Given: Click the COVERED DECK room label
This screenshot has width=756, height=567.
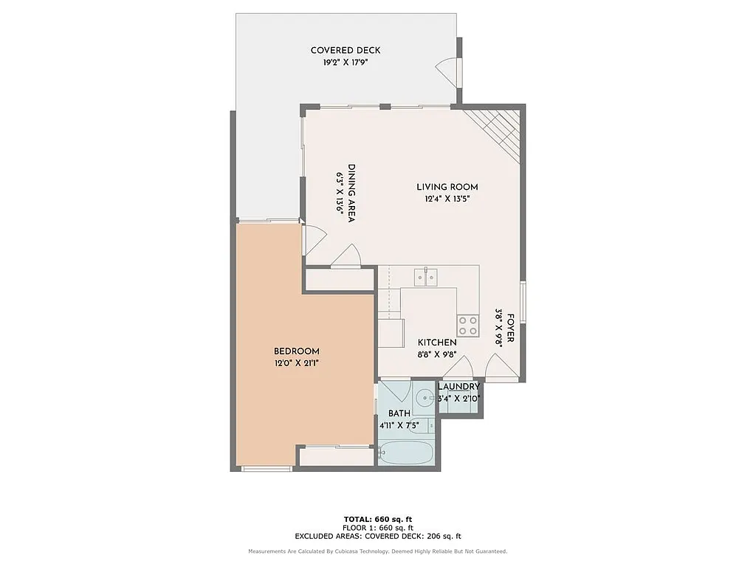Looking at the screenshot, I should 346,50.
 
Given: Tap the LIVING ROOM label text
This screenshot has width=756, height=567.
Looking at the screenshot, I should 447,187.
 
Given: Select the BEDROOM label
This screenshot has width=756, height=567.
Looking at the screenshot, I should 296,351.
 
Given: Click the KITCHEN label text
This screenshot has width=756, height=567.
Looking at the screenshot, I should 437,343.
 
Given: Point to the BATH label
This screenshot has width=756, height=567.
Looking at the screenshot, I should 399,413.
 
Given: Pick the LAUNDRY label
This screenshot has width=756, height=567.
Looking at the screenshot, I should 458,387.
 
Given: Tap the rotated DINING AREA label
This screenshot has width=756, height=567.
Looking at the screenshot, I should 351,193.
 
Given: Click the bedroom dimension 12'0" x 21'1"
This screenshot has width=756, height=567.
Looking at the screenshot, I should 296,363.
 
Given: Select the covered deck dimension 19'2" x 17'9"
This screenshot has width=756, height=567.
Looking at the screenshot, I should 346,63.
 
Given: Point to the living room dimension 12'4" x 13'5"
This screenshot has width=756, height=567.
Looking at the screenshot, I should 447,199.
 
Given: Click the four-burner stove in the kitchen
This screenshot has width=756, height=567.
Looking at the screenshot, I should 467,321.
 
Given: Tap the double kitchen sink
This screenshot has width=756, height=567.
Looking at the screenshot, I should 425,277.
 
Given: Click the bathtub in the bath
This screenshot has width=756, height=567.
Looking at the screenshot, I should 404,452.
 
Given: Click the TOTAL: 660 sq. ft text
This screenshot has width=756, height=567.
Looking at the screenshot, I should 378,519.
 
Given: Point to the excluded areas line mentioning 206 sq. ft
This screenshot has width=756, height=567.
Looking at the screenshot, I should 378,537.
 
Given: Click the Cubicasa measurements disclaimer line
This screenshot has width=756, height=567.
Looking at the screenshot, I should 378,551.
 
